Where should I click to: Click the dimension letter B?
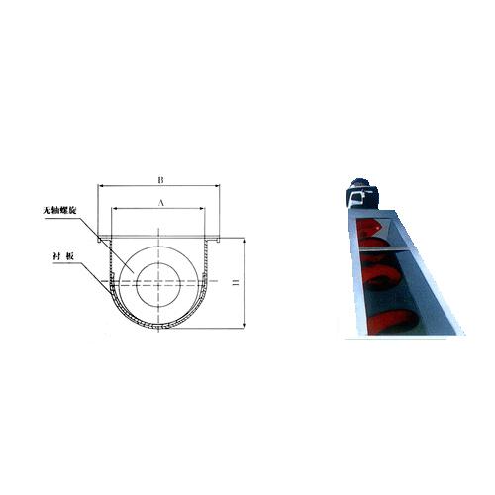tap(160, 180)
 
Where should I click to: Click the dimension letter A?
tap(161, 203)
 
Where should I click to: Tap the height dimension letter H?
tap(236, 283)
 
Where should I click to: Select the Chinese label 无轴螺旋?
tap(59, 211)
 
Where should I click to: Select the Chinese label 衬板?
tap(63, 256)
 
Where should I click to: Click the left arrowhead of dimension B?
tap(101, 186)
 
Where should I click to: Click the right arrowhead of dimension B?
tap(217, 186)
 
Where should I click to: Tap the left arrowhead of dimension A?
tap(115, 208)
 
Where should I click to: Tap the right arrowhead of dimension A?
tap(202, 208)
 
